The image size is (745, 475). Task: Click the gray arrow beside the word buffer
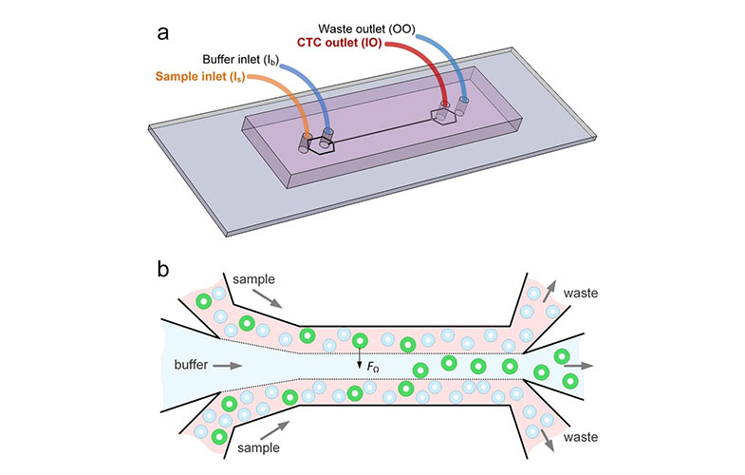pos(226,364)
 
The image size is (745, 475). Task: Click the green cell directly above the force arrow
pos(359,341)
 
